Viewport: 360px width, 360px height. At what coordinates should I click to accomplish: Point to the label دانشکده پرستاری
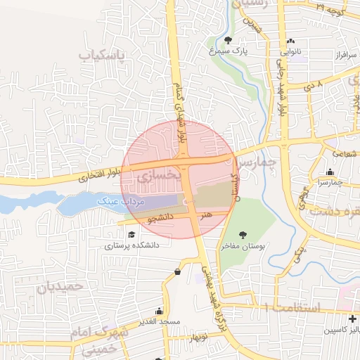coord(132,246)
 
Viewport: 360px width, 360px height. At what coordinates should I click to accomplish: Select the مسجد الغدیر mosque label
coord(160,321)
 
